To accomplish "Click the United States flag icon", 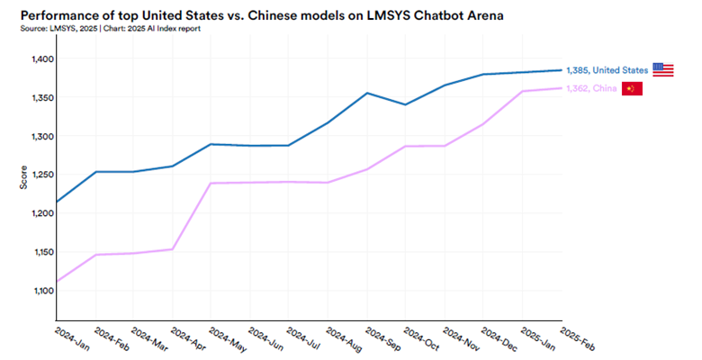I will coord(663,69).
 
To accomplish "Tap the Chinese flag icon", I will coord(633,88).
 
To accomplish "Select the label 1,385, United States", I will coord(607,70).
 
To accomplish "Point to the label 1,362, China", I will coord(591,88).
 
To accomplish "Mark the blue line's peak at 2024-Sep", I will coord(367,93).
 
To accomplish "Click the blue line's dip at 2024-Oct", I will coord(406,104).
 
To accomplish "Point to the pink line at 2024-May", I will coord(211,184).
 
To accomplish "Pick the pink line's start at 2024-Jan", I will coord(57,282).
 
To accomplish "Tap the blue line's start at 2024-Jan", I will coord(57,202).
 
